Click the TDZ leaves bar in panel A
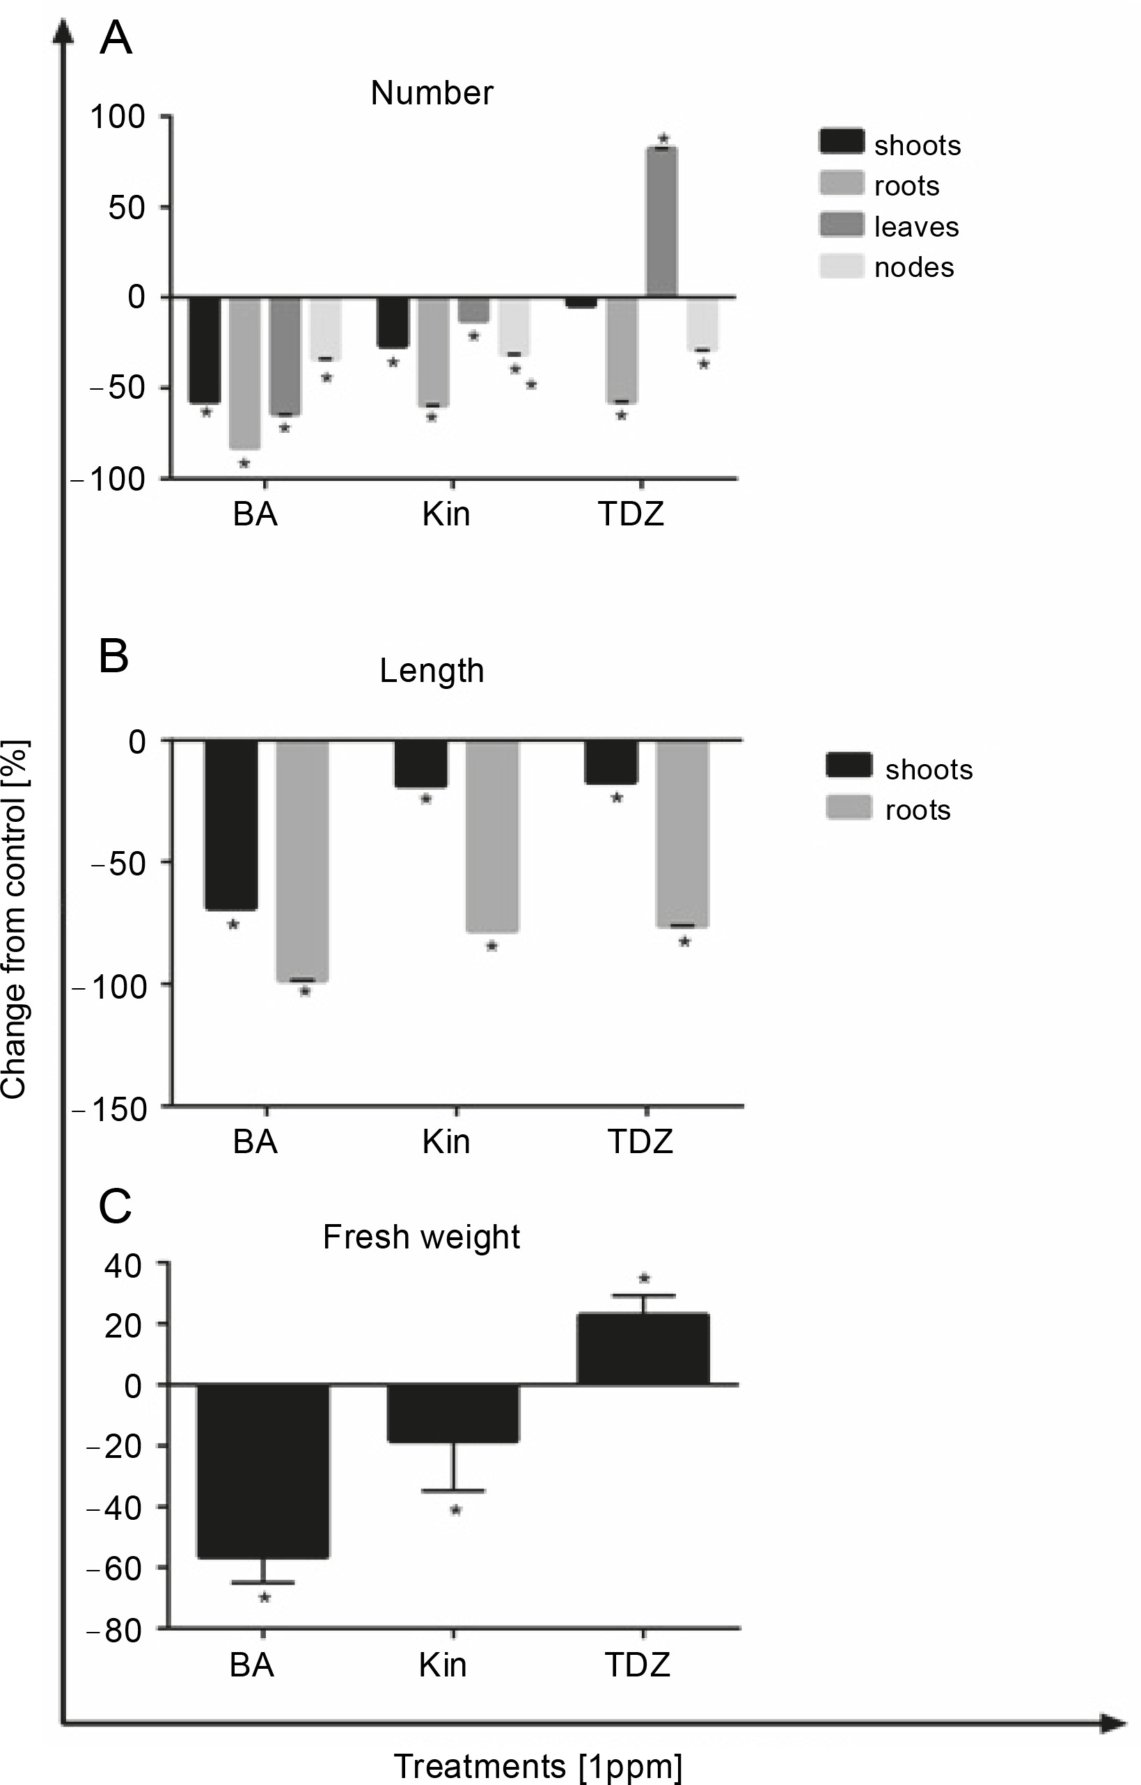[661, 223]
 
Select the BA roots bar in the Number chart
[244, 373]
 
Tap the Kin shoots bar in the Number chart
[393, 322]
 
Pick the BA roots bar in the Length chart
[303, 861]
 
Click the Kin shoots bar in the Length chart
[421, 763]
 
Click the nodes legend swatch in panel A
[842, 267]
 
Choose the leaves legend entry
[915, 227]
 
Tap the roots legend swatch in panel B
[849, 808]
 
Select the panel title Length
[432, 671]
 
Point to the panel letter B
[114, 656]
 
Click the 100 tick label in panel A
[117, 116]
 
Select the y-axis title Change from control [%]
[15, 919]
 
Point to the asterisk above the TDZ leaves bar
[663, 138]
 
